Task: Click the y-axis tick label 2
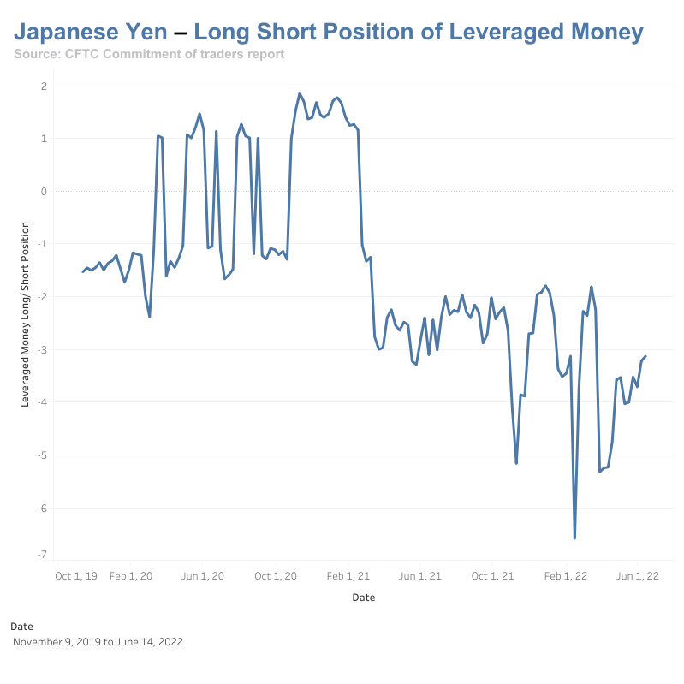(43, 86)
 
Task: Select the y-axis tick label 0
(43, 192)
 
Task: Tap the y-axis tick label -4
(41, 402)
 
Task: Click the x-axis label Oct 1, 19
(75, 576)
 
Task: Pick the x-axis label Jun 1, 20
(204, 576)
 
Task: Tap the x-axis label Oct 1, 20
(276, 576)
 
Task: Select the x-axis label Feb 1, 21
(348, 576)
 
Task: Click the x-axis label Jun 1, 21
(420, 576)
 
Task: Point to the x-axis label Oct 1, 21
(493, 576)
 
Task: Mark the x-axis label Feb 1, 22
(566, 576)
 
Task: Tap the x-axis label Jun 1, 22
(638, 576)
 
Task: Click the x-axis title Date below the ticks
(364, 598)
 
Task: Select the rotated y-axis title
(25, 313)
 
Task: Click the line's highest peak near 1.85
(300, 93)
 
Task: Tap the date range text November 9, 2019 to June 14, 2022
(98, 641)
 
